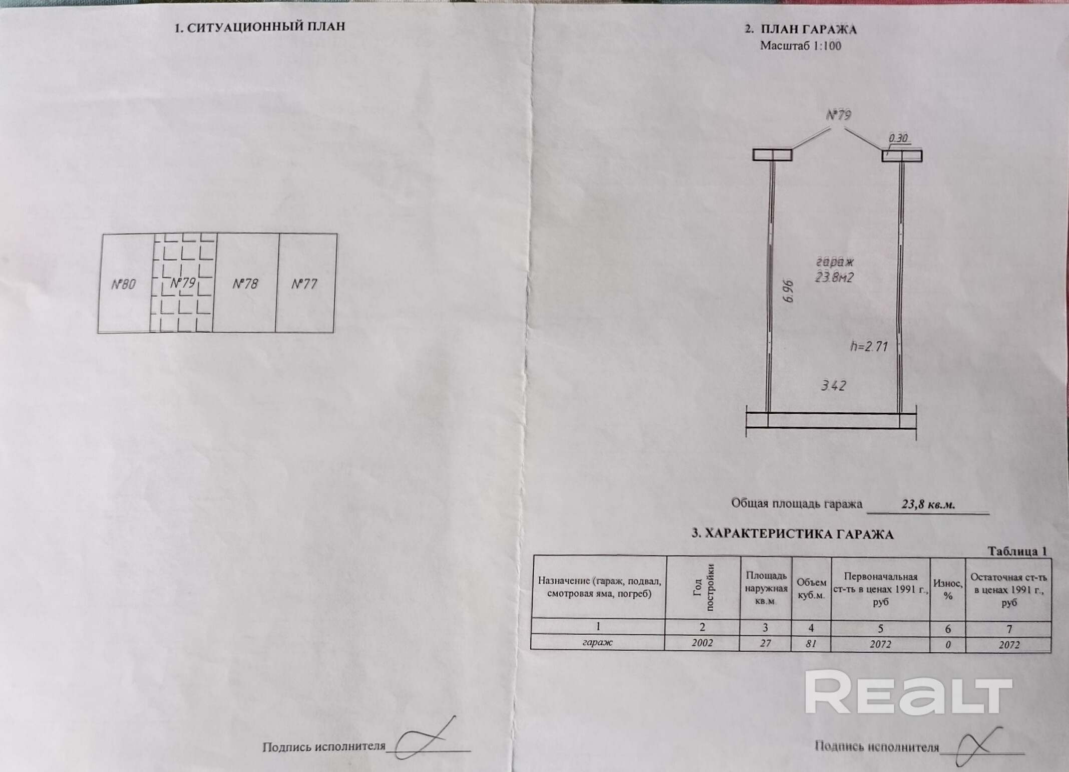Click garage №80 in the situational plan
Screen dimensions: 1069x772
[123, 284]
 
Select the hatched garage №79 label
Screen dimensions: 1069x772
[183, 283]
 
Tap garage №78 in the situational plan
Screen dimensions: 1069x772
[245, 284]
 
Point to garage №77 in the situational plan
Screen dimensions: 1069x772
[304, 284]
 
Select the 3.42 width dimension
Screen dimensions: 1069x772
[834, 385]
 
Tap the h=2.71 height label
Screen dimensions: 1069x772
[869, 346]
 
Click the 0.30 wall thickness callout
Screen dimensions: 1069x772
[898, 138]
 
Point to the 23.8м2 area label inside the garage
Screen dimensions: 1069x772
[834, 277]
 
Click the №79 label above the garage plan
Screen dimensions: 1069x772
[838, 115]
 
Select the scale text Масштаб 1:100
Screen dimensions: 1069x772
[801, 46]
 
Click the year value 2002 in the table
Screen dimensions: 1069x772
[702, 643]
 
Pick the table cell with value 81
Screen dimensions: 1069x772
[811, 643]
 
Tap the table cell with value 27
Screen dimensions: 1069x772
[765, 643]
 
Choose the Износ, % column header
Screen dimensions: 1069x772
[947, 590]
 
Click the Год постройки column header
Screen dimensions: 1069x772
[703, 589]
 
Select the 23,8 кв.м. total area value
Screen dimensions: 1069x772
[928, 504]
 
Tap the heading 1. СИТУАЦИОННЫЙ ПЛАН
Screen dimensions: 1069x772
[260, 27]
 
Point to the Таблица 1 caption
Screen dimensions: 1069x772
[1017, 551]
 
